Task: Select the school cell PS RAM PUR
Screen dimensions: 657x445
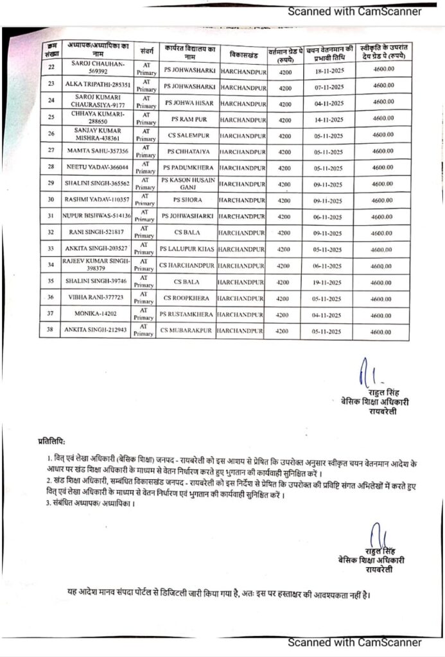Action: coord(188,119)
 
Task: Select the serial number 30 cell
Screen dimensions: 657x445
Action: coord(51,200)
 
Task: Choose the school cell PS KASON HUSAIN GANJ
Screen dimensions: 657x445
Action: coord(188,183)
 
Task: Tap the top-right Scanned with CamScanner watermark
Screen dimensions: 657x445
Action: coord(354,11)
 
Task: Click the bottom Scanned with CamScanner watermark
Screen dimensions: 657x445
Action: coord(354,642)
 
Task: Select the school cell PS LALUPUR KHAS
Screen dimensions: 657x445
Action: coord(187,248)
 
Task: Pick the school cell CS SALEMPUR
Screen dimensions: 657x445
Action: coord(188,135)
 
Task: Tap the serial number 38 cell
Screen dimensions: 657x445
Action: coord(51,331)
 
